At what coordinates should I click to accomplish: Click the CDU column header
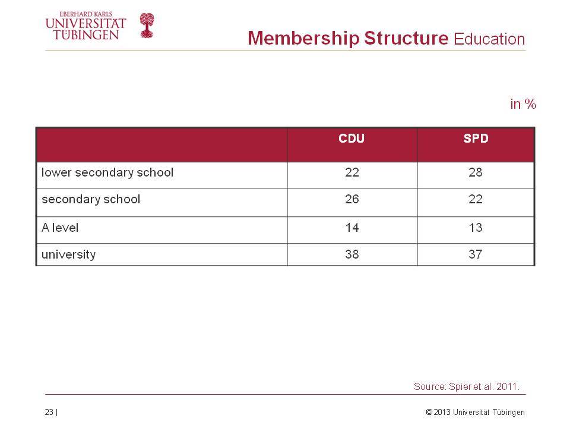(351, 139)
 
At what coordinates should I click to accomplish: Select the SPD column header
(476, 139)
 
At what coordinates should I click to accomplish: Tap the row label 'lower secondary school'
(107, 172)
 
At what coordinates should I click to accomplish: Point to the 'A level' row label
(60, 228)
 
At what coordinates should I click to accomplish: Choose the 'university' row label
(68, 254)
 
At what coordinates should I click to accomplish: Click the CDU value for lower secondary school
(352, 172)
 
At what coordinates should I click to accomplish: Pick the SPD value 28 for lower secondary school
(476, 172)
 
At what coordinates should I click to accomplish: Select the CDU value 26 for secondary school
(352, 199)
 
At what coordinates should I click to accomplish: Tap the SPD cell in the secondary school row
(476, 199)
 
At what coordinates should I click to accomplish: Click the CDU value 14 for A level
(352, 228)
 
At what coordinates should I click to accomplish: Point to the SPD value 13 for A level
(476, 228)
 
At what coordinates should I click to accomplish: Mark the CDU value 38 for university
(352, 254)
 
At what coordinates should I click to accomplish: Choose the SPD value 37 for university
(476, 254)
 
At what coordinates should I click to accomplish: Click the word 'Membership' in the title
(303, 38)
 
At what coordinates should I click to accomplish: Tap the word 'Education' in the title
(489, 39)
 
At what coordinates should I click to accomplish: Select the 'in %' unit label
(523, 104)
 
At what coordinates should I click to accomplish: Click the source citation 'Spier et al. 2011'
(484, 386)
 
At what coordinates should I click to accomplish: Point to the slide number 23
(49, 412)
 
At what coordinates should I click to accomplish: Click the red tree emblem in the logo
(147, 26)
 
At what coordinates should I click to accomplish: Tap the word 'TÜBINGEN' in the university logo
(85, 34)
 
